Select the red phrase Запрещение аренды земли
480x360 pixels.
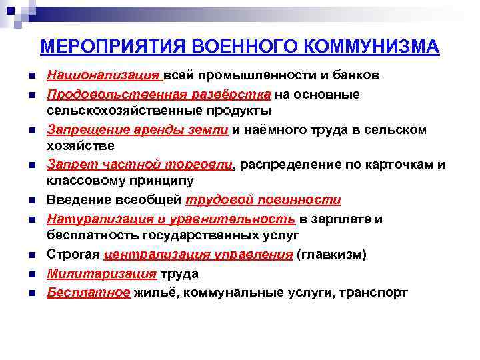(138, 130)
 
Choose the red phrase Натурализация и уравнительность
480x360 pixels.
(171, 219)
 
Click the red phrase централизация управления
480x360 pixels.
(198, 255)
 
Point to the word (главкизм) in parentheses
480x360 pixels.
(332, 255)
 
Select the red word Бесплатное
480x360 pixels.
(88, 293)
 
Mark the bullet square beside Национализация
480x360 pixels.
(23, 75)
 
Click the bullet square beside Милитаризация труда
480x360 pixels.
(23, 274)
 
